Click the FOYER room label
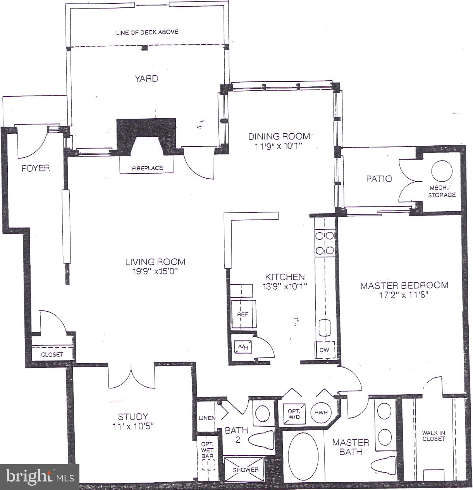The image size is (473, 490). tap(36, 168)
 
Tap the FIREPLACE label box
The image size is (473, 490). tap(147, 168)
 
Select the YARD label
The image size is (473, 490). tap(146, 79)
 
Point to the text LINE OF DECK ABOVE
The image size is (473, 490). tap(147, 32)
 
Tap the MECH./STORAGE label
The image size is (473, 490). tap(442, 191)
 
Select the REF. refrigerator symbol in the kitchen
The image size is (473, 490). tap(243, 314)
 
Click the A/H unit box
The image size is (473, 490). tap(243, 347)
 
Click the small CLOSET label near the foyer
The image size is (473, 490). tap(52, 354)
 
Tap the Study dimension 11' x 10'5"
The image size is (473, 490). tap(133, 426)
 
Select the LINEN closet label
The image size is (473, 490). tap(207, 418)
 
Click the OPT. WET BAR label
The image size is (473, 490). tap(207, 450)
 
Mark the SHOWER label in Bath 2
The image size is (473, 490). tap(245, 470)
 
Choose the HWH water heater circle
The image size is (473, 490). tap(321, 412)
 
